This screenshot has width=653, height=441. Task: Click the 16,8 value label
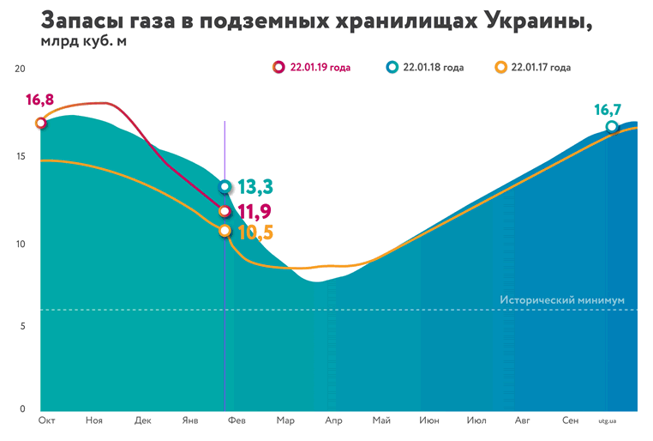tap(39, 100)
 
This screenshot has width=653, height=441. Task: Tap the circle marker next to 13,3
tap(225, 186)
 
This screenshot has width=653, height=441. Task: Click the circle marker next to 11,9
tap(225, 211)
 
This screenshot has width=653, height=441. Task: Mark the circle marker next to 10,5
tap(225, 231)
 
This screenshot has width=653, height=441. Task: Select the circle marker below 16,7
tap(612, 127)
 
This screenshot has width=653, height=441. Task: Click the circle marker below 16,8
tap(40, 123)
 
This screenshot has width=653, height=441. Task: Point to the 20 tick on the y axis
tap(21, 69)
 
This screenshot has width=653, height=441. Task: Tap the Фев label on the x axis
tap(236, 421)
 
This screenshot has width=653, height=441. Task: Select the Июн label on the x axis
tap(429, 421)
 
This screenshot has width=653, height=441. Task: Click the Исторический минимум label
tap(562, 300)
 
